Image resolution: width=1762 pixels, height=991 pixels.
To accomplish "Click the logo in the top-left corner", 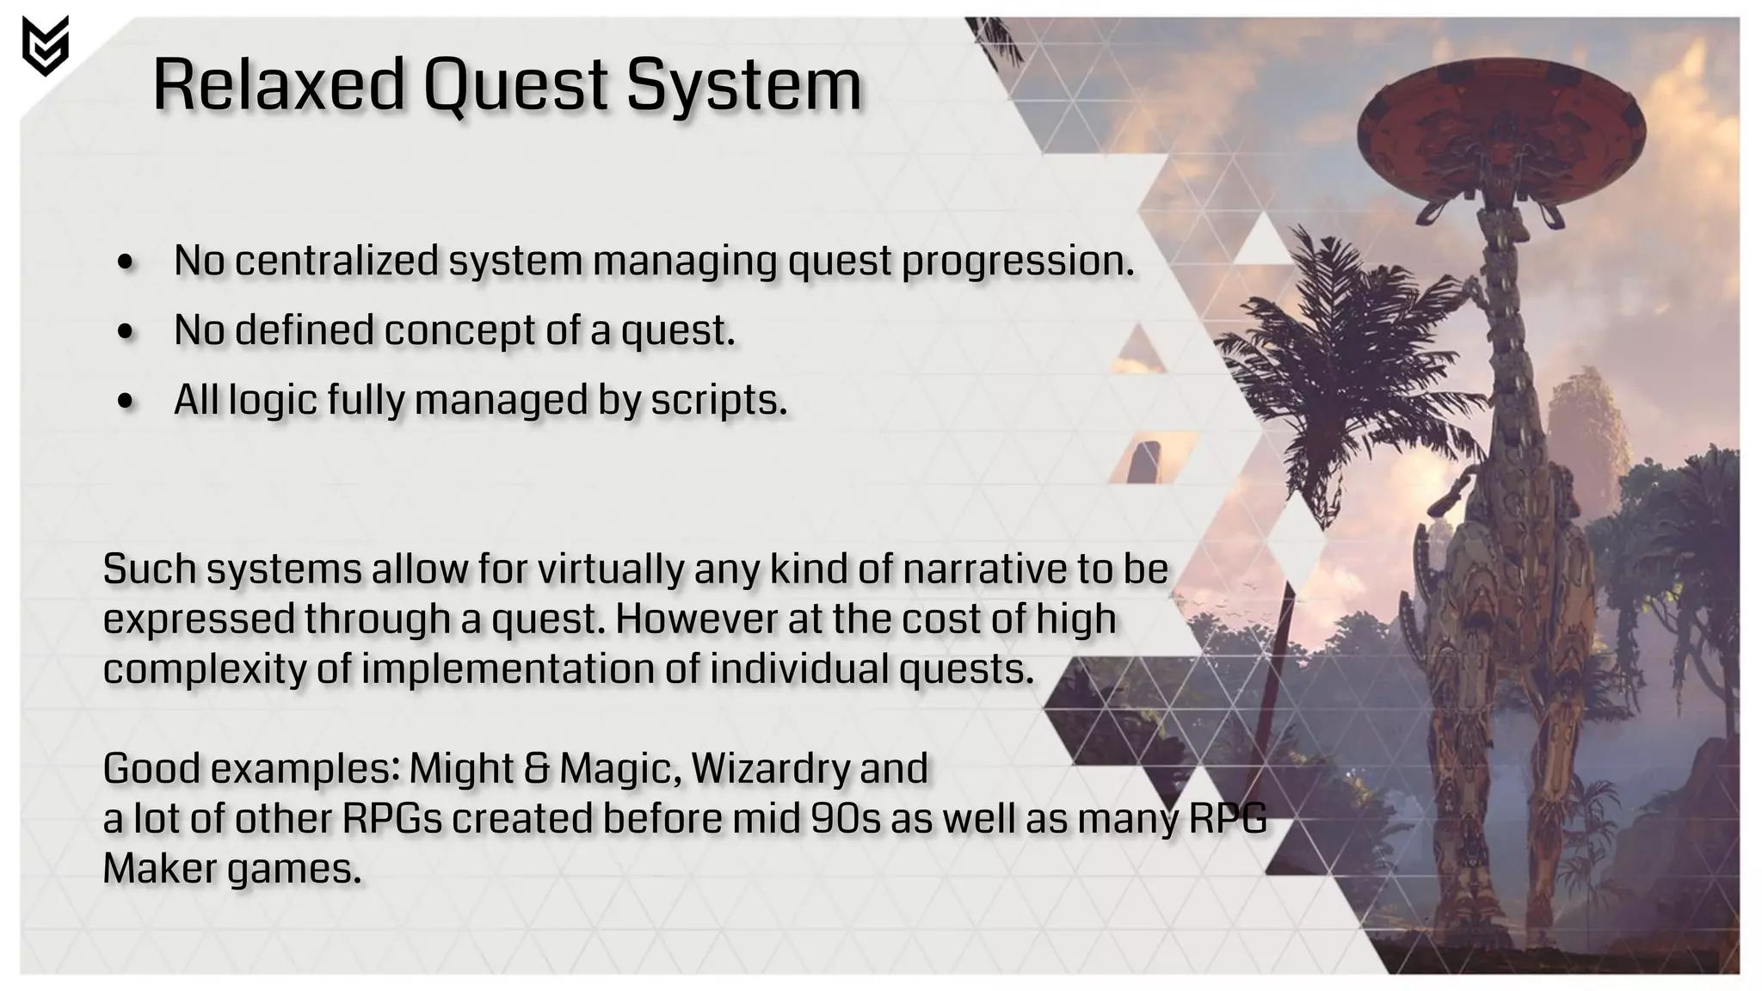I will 45,46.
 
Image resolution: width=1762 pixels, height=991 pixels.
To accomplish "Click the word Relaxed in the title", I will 278,85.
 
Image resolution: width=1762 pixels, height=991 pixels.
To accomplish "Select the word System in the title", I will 743,85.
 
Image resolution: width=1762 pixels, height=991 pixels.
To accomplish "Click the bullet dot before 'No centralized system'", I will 126,262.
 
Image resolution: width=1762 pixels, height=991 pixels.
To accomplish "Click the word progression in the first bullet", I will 1016,261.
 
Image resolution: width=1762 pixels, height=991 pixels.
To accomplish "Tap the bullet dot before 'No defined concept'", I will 126,332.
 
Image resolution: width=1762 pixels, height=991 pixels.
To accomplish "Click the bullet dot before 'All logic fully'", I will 126,402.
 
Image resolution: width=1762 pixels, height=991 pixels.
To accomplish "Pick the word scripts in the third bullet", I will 718,400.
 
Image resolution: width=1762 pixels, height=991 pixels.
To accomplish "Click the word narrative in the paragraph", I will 979,569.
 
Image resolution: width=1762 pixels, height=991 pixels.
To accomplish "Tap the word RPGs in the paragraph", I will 391,818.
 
